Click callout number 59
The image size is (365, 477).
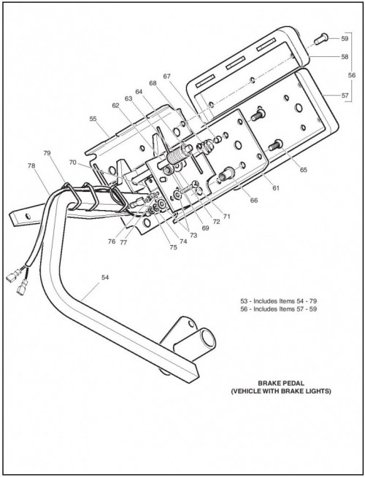[345, 39]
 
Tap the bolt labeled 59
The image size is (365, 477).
[321, 39]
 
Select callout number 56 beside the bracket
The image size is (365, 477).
[352, 75]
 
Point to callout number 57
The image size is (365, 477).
[345, 96]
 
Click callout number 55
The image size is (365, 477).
[93, 119]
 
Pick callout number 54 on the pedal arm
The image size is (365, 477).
[105, 277]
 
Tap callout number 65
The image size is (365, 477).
[304, 170]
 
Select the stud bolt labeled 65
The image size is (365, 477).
[276, 145]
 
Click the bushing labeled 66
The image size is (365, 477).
[227, 174]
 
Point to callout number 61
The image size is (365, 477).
[275, 188]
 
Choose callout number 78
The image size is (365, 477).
[31, 166]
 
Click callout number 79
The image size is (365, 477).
[47, 153]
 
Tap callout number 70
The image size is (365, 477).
[72, 163]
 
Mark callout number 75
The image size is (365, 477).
[173, 247]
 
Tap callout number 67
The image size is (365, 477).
[167, 77]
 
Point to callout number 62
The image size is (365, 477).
[115, 106]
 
